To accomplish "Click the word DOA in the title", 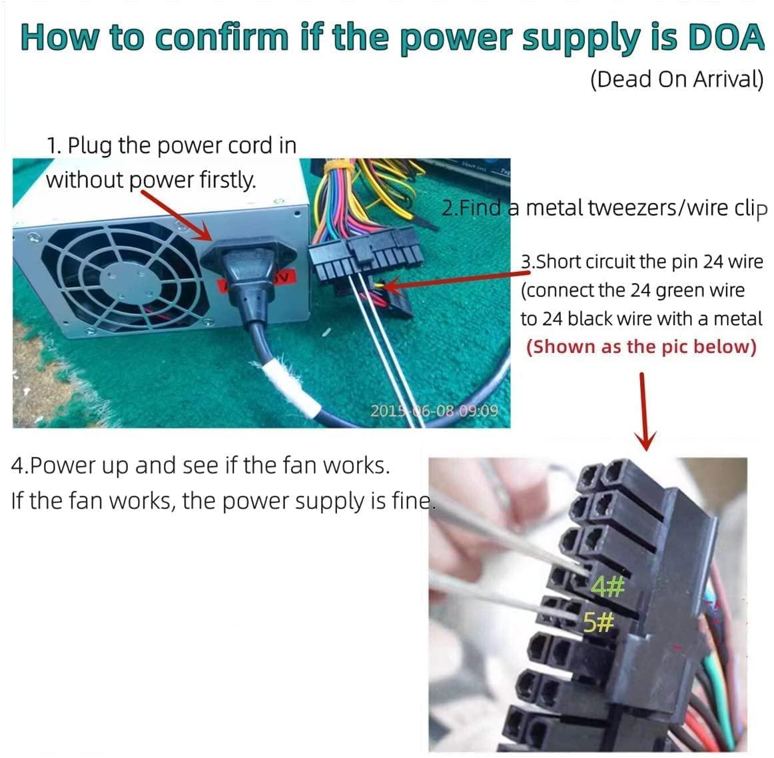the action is coord(726,37).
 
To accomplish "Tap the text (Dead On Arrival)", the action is coord(677,79).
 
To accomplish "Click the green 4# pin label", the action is coord(608,587).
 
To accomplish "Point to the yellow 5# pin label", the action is coord(598,622).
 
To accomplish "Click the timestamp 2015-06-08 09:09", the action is coord(434,410).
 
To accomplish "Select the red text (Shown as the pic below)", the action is coord(641,347).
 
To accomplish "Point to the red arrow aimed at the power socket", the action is coord(177,216).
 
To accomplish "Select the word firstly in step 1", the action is coord(228,180).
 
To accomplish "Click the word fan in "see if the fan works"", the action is coord(298,466).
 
